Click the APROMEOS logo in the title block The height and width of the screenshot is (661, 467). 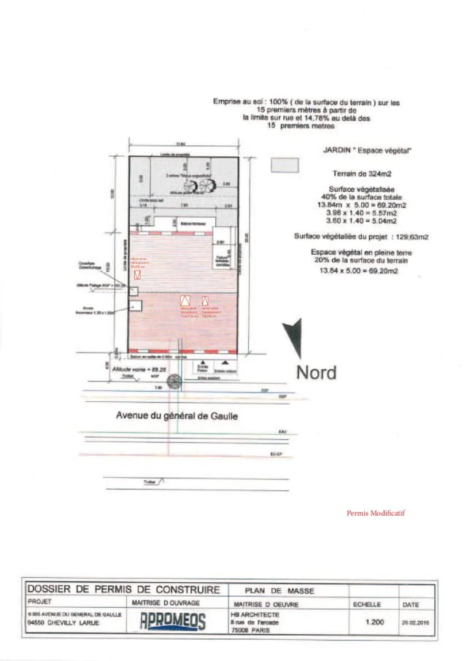tap(172, 620)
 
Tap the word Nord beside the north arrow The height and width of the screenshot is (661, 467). tap(316, 372)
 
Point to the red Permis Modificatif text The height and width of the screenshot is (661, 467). tap(375, 513)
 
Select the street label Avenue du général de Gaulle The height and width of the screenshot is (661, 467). tap(177, 416)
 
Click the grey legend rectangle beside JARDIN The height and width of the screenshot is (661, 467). tap(285, 165)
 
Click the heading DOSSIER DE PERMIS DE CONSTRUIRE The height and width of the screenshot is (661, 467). tap(123, 590)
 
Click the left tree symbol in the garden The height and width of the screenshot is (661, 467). tap(191, 186)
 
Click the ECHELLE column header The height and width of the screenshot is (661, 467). tap(367, 604)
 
